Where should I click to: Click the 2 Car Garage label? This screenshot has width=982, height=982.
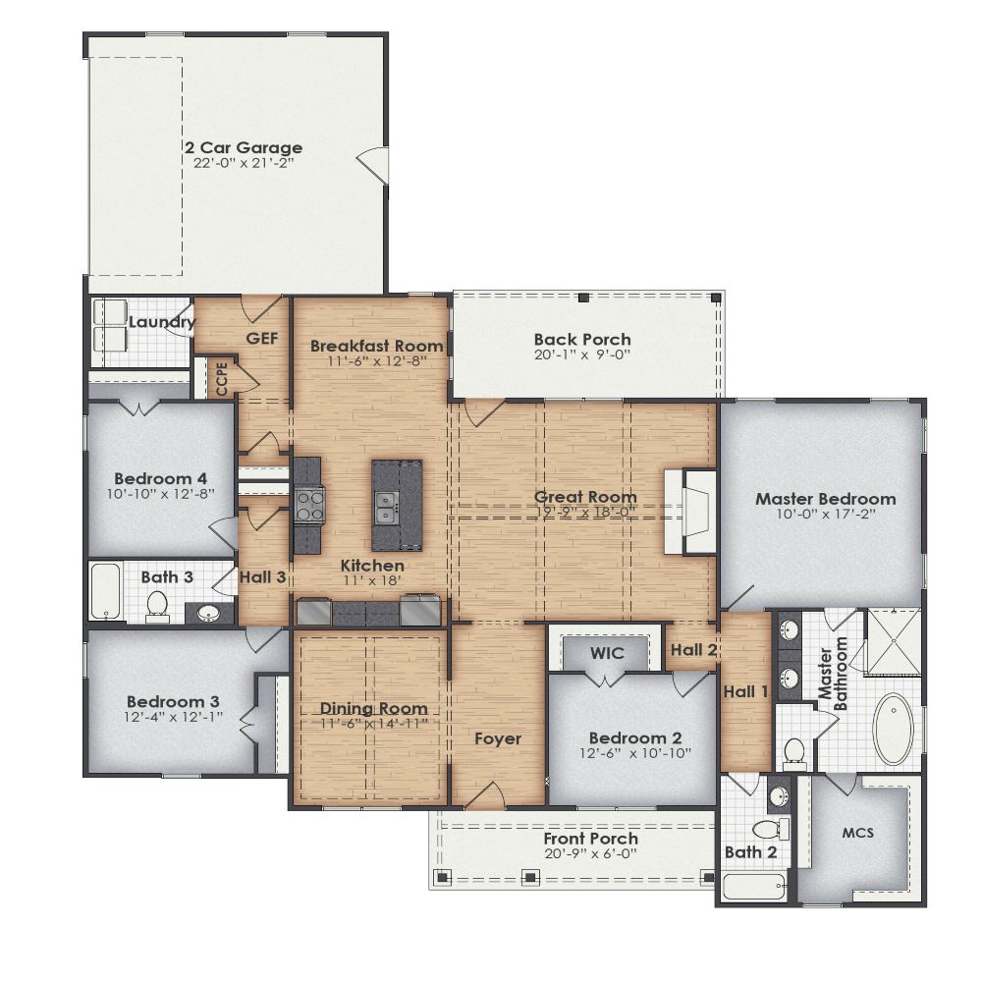[244, 148]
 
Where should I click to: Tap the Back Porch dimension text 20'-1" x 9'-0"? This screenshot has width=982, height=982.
[581, 355]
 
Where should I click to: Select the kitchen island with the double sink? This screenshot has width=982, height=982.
[397, 505]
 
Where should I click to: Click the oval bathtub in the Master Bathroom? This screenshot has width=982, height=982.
[893, 729]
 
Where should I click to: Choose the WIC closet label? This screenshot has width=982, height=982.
[607, 653]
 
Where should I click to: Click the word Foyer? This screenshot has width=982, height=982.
[497, 738]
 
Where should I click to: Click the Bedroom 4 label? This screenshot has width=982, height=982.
[161, 468]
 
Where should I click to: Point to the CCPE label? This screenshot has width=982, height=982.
[222, 379]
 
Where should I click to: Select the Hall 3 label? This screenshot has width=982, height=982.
[262, 577]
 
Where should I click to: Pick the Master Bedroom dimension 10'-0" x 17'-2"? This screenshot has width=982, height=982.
[825, 514]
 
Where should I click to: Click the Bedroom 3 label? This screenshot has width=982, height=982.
[173, 702]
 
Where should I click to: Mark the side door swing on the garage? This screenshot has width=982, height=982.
[370, 163]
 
